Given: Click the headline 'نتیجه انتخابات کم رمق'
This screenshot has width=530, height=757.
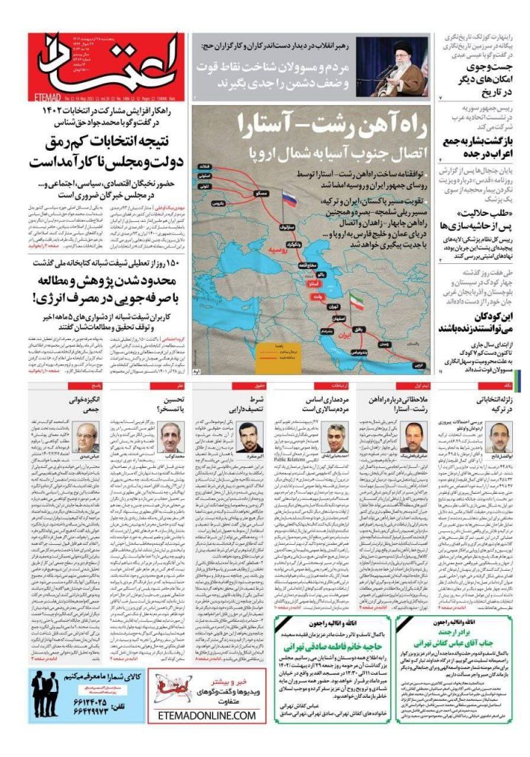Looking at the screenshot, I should (x=108, y=140).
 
